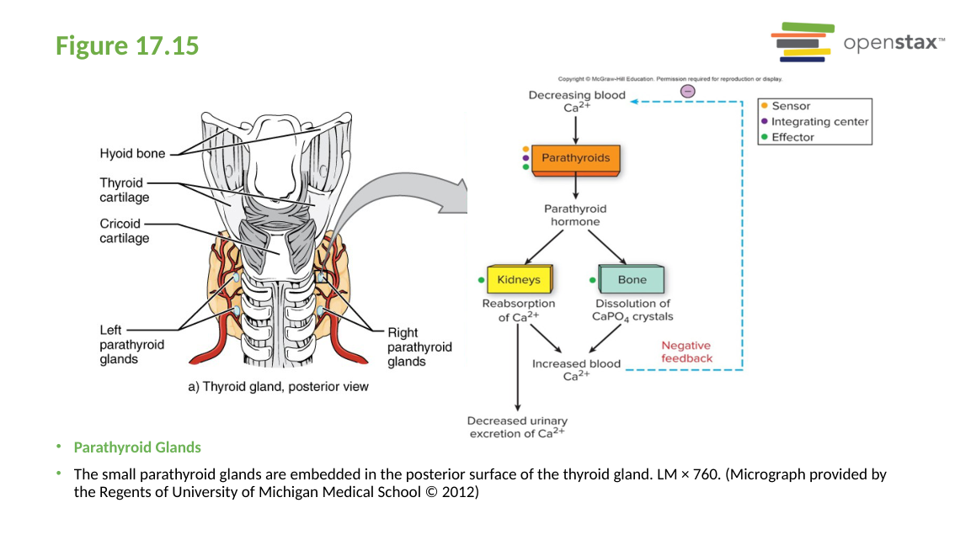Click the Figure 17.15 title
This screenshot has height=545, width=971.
(x=127, y=45)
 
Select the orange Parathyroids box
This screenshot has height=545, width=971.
(x=575, y=158)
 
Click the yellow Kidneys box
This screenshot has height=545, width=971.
(x=518, y=279)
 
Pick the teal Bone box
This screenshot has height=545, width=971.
(x=632, y=279)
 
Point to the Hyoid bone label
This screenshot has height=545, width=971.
(x=132, y=153)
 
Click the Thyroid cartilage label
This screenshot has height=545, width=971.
(x=124, y=190)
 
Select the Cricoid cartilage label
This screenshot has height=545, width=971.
(x=124, y=231)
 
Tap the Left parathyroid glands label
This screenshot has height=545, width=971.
(x=131, y=345)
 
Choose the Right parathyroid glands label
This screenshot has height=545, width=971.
(x=419, y=347)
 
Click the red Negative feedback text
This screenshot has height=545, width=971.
(x=686, y=352)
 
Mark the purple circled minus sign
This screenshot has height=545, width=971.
(x=688, y=91)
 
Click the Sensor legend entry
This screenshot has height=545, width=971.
(x=791, y=106)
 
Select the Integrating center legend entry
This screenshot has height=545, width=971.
(x=819, y=122)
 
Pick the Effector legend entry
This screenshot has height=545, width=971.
(x=792, y=137)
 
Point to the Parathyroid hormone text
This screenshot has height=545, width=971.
(x=575, y=215)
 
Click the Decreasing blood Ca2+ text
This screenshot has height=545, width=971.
(x=577, y=101)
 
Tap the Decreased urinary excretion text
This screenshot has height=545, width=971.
(x=517, y=427)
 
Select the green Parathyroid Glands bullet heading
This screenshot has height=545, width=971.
(x=137, y=447)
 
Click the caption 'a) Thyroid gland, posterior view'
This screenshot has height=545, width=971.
(x=277, y=387)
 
